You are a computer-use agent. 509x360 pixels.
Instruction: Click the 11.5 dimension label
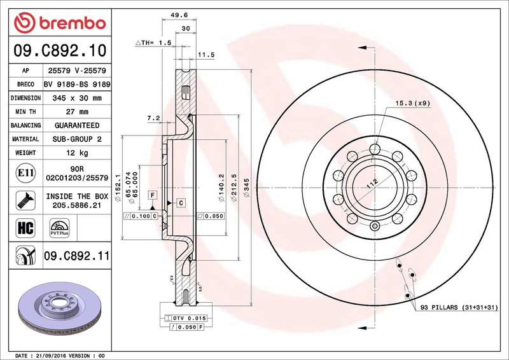[206, 55]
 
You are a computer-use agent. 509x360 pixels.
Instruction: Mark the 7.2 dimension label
[153, 118]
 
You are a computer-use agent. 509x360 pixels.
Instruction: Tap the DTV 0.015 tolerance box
[185, 317]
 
